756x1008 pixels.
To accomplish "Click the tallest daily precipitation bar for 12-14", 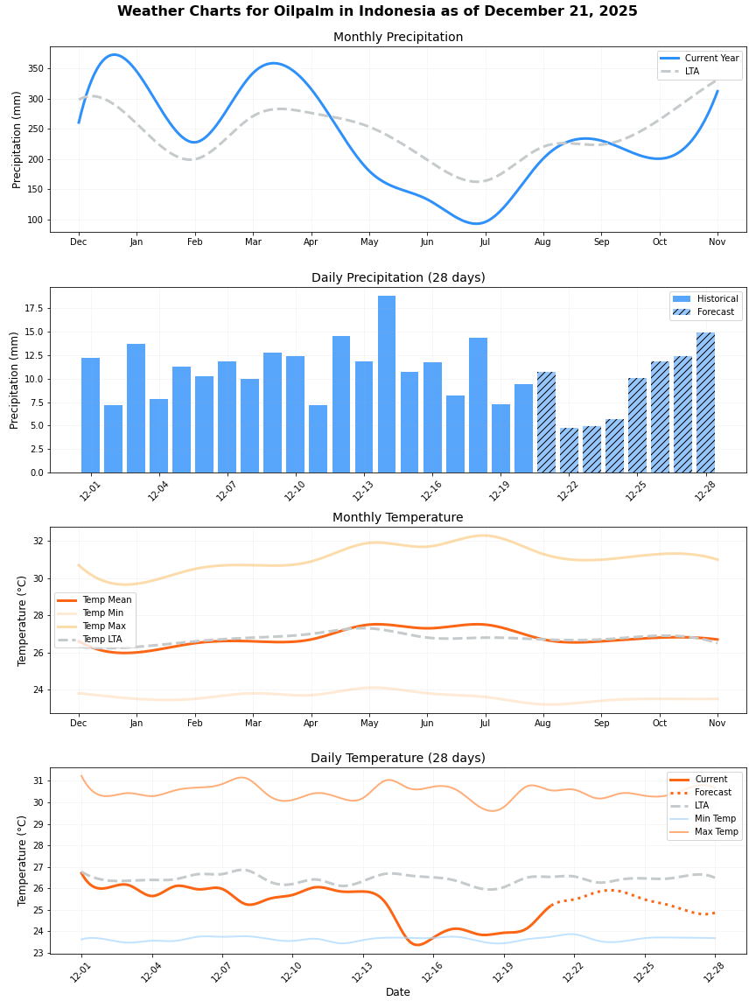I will (387, 384).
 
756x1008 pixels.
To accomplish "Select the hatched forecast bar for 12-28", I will (705, 402).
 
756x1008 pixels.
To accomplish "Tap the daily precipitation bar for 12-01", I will (90, 415).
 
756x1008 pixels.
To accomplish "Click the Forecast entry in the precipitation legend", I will (717, 312).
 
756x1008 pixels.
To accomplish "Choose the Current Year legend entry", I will (711, 59).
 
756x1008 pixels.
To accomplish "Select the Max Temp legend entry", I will (716, 831).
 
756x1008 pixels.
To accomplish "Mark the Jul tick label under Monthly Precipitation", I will (485, 241).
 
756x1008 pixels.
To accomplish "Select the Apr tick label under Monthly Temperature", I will (311, 724).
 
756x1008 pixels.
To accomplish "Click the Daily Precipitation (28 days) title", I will (398, 278).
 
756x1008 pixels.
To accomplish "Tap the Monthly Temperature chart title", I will (398, 518).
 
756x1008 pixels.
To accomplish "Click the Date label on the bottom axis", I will (398, 992).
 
